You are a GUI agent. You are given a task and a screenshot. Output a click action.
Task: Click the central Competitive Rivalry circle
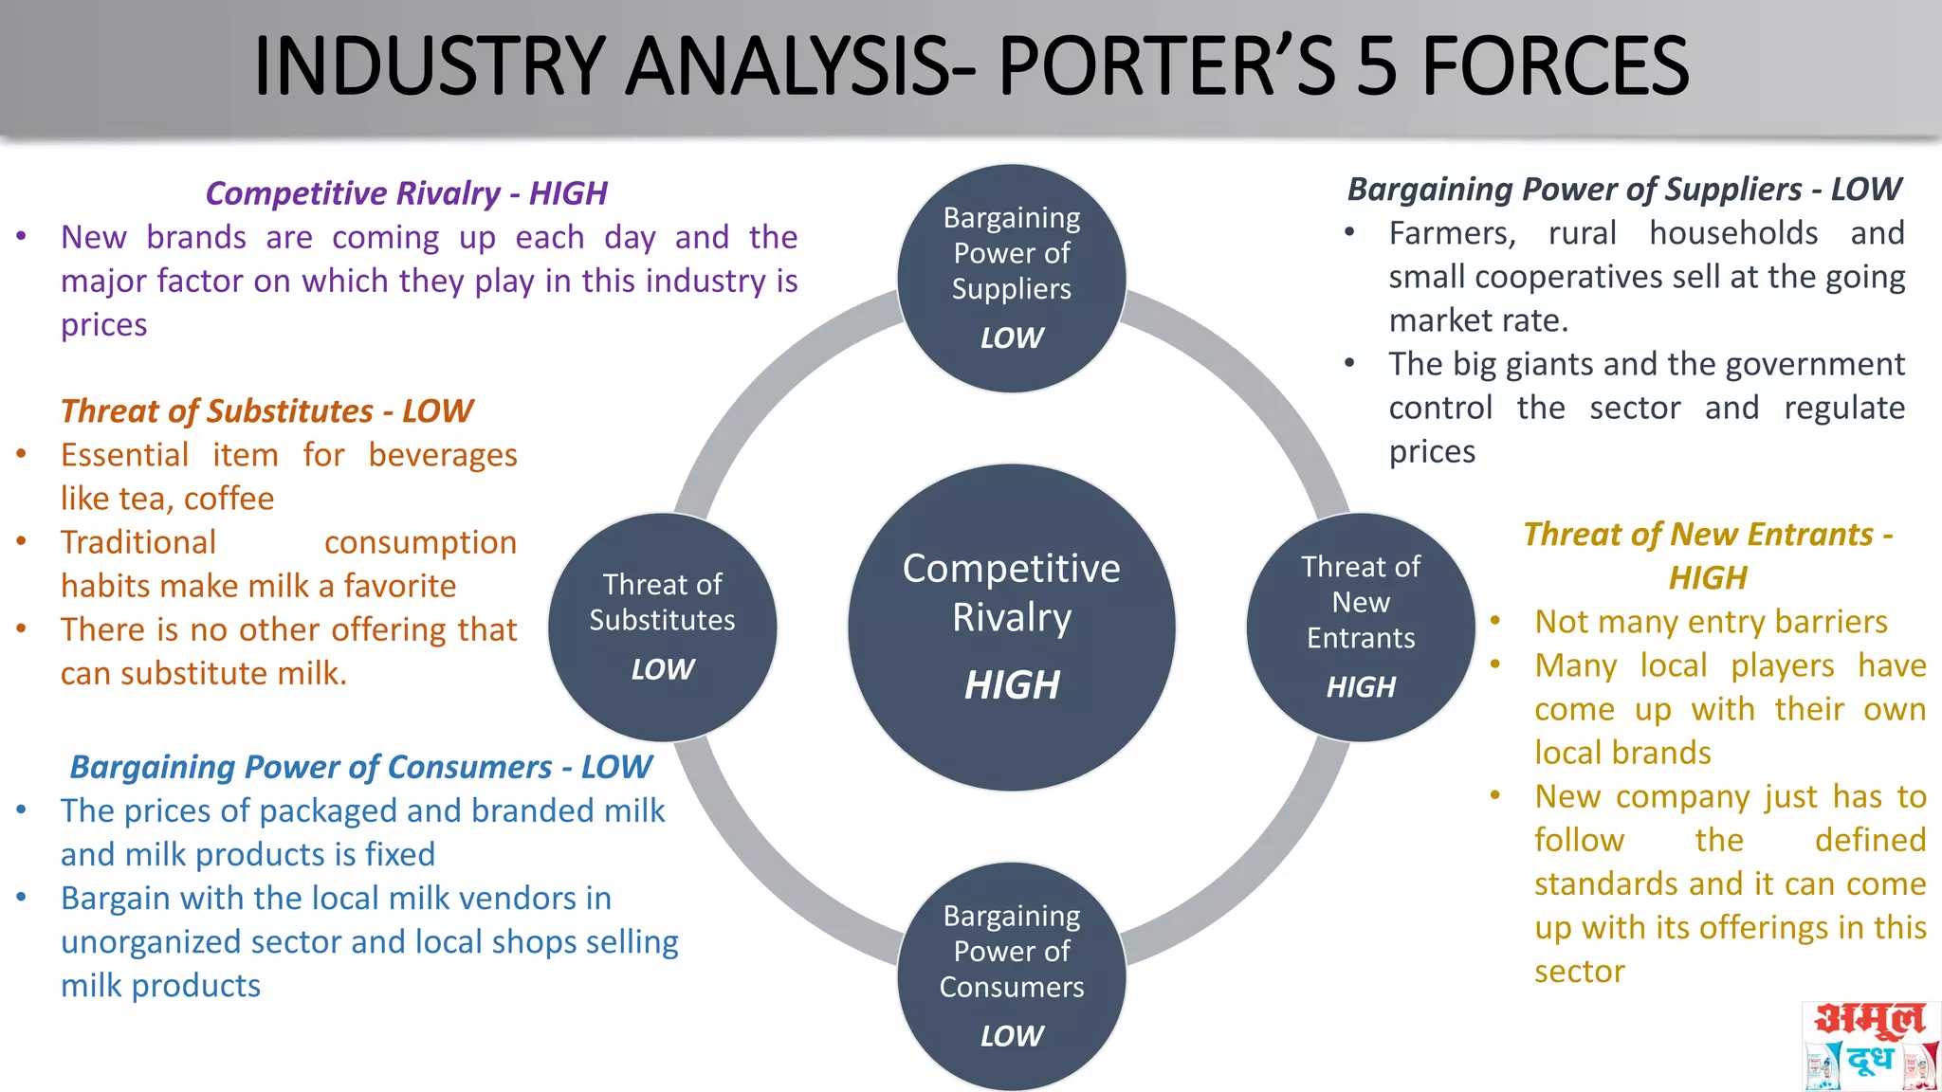click(1012, 627)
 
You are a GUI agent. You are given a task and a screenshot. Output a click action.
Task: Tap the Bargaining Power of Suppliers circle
click(1012, 278)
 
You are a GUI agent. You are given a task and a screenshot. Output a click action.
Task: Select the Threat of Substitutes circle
click(662, 627)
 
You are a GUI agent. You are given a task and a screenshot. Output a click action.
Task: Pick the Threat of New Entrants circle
click(1361, 627)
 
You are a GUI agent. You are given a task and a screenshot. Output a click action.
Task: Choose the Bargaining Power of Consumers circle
click(1012, 975)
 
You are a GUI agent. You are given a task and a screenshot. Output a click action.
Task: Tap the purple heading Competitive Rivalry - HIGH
click(406, 193)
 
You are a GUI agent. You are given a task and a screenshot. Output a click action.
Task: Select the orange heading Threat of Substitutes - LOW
click(266, 411)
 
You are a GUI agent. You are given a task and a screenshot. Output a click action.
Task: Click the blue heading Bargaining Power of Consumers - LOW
click(360, 767)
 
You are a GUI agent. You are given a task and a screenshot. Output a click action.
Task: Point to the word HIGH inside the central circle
click(1012, 685)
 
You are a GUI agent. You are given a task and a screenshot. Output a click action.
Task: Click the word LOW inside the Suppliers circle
click(1012, 338)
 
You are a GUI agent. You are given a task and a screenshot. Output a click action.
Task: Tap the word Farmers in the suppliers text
click(1452, 233)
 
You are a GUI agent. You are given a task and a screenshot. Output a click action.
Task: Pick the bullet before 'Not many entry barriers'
click(1495, 622)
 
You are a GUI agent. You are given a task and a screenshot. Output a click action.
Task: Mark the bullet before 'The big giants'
click(1349, 364)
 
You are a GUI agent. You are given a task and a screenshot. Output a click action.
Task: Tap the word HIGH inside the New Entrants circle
click(1361, 687)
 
